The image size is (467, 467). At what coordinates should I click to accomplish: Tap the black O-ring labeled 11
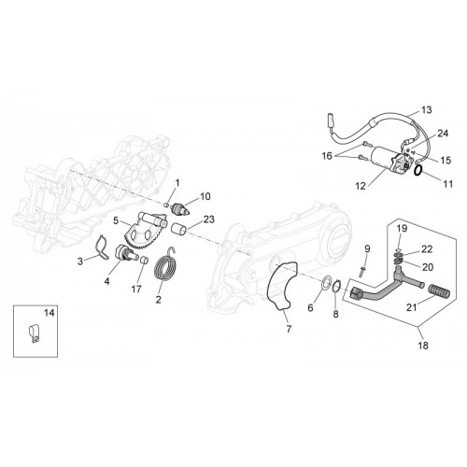pos(418,170)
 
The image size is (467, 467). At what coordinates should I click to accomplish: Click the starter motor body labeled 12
pos(389,160)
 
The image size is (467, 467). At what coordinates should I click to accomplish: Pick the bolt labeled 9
pos(361,272)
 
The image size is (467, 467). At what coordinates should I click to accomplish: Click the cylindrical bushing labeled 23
pos(179,229)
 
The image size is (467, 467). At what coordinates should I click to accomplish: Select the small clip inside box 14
pos(34,333)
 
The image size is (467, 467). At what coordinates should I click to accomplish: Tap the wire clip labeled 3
pos(101,248)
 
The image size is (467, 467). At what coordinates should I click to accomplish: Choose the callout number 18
pos(423,346)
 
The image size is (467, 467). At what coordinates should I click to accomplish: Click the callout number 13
pos(427,110)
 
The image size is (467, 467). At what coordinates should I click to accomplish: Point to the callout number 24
pos(443,134)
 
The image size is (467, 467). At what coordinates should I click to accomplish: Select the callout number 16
pos(327,156)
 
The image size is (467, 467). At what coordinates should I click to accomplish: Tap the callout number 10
pos(205,196)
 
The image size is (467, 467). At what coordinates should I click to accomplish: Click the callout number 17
pos(136,290)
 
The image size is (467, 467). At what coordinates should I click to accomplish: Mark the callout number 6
pos(310,308)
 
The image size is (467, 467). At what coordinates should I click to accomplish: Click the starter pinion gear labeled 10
pos(180,208)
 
